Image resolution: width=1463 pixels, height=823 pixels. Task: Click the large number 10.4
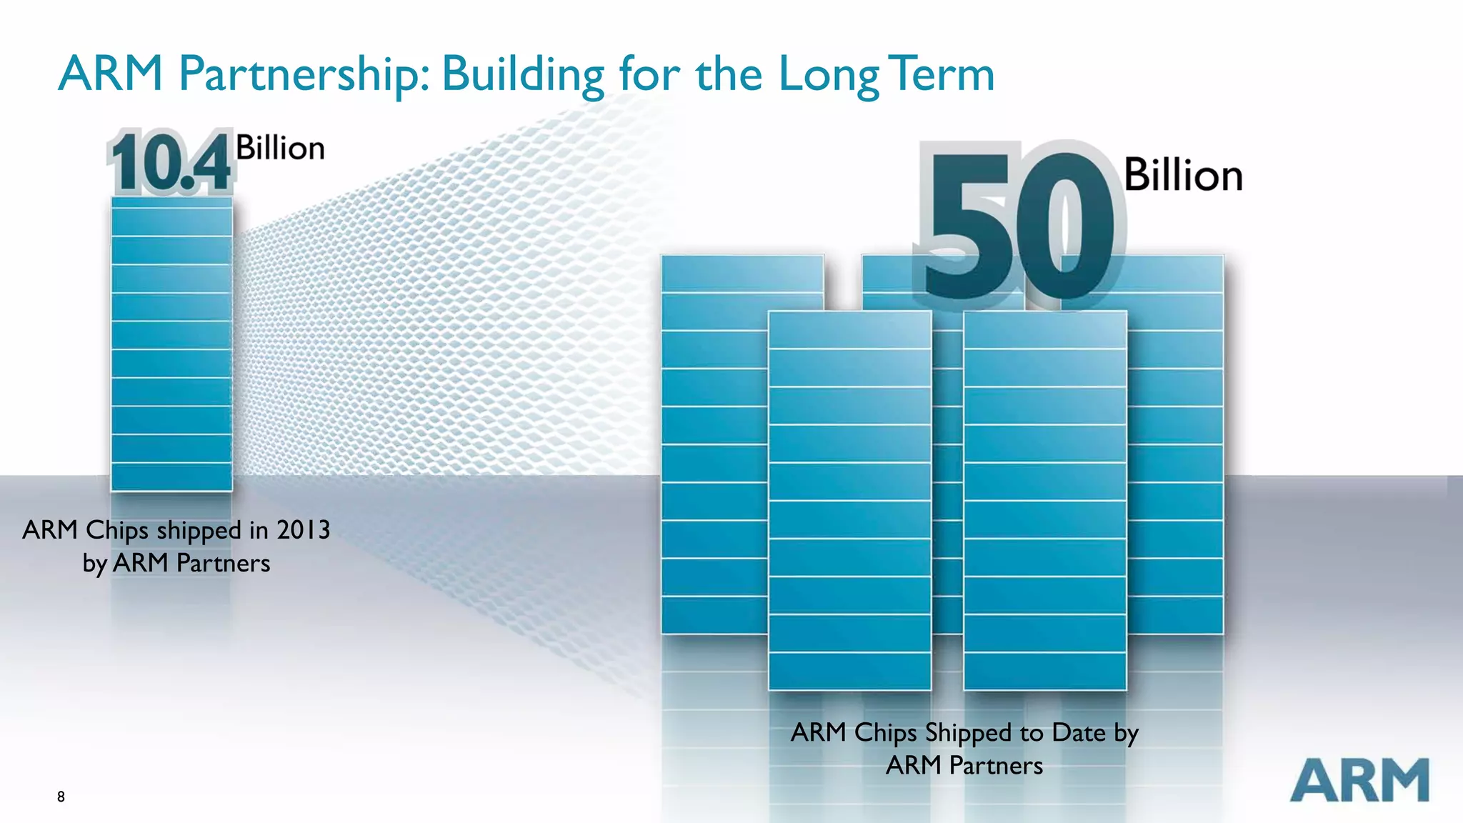(170, 163)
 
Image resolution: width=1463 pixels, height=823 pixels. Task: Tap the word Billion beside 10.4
(280, 148)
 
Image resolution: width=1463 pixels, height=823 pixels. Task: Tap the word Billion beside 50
(1183, 176)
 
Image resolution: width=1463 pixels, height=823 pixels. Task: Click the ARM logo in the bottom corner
(1359, 780)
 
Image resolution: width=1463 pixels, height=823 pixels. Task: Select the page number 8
(61, 797)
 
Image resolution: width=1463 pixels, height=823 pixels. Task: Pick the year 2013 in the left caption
(303, 530)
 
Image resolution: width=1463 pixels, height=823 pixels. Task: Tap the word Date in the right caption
(1081, 733)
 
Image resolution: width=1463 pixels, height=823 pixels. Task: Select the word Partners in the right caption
(996, 766)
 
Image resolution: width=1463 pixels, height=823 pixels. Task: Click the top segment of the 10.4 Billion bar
(171, 203)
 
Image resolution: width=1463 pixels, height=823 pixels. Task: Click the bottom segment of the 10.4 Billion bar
(171, 477)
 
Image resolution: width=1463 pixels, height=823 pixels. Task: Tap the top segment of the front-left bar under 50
(849, 330)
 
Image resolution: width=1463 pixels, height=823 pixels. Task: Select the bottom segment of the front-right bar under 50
(1045, 672)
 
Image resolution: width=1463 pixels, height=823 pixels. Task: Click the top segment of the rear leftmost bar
(742, 273)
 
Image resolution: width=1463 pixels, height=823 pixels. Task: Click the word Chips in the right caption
(885, 733)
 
